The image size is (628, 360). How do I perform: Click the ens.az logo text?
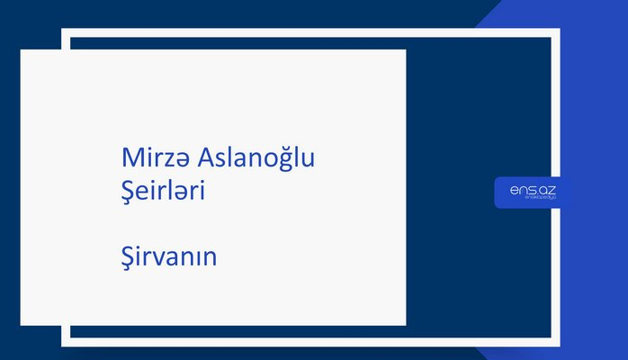point(531,189)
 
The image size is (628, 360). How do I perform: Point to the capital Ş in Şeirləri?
point(128,191)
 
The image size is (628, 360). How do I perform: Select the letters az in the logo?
point(547,189)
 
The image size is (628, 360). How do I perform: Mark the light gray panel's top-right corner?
point(405,50)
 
